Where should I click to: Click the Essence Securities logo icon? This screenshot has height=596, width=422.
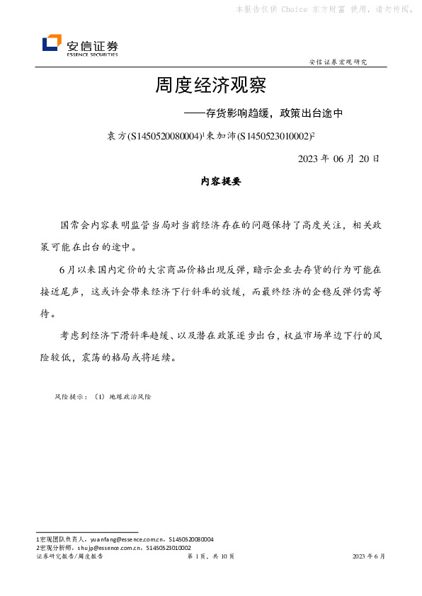(x=52, y=44)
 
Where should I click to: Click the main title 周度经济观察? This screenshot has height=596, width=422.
(x=210, y=86)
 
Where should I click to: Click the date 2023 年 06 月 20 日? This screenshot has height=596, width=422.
(x=339, y=159)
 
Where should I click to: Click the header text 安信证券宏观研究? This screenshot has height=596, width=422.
(x=338, y=62)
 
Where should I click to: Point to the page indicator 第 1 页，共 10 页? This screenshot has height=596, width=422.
(x=210, y=557)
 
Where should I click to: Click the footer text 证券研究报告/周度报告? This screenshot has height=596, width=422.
(x=69, y=557)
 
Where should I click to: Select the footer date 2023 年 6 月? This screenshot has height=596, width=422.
(x=369, y=557)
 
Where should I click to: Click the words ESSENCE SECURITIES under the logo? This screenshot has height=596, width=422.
(x=92, y=54)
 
